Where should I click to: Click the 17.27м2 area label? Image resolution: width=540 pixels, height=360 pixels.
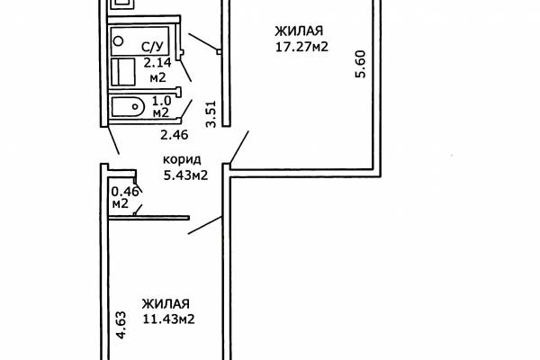301,47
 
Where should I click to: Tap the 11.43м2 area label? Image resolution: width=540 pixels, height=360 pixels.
169,319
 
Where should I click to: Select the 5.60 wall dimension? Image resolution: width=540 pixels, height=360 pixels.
360,65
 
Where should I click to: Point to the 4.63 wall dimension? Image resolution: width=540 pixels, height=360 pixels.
121,325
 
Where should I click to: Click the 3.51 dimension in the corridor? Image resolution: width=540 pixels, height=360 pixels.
211,114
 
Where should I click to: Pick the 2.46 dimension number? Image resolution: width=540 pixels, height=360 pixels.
175,135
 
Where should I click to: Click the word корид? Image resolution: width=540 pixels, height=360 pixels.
182,160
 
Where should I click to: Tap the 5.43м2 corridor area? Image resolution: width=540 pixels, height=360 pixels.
185,175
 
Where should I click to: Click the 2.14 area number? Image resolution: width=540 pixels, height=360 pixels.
157,63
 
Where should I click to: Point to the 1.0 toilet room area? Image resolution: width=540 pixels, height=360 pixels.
161,101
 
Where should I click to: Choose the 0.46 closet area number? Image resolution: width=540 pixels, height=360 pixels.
125,191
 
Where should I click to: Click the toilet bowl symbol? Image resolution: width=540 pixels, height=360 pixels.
128,106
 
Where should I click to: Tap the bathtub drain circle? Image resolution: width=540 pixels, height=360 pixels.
118,41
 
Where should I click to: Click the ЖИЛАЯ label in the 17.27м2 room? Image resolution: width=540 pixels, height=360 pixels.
299,31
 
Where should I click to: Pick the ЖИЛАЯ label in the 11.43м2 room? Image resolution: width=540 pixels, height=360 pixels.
166,304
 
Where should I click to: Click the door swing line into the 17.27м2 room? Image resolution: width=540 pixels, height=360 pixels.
239,147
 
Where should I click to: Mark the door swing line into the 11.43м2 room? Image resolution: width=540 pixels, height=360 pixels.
204,225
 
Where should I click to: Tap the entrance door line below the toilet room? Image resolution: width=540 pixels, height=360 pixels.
114,140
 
